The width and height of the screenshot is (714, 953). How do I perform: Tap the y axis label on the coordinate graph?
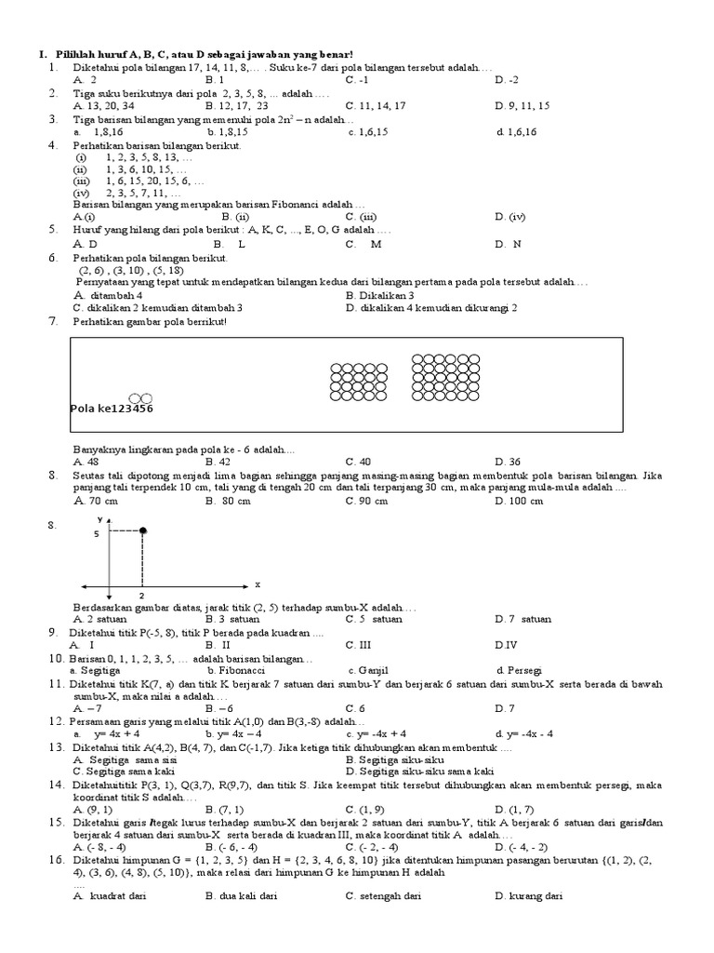pos(98,517)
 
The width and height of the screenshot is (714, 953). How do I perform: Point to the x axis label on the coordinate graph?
pos(257,584)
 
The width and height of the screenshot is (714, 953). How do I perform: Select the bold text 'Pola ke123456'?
pos(112,408)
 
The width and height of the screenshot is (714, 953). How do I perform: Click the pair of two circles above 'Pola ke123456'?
pos(139,397)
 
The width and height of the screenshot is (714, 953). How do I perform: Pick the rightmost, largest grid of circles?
pos(441,377)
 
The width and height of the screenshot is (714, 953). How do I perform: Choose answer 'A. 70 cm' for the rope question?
pos(95,502)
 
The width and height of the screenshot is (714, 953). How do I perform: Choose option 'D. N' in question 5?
pos(509,244)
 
